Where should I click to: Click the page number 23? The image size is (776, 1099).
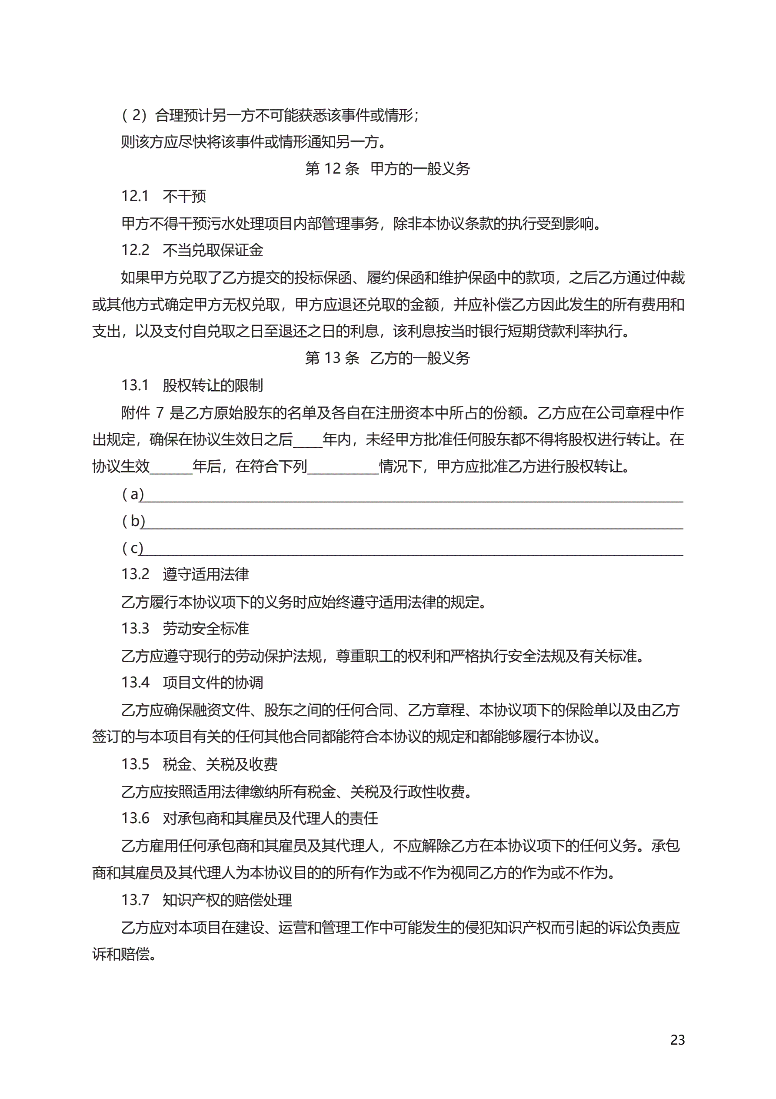677,1040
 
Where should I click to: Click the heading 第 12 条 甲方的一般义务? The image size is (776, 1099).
387,168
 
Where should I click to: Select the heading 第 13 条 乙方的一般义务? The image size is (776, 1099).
387,358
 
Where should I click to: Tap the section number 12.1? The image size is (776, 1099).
135,196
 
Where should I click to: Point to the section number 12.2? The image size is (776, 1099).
135,250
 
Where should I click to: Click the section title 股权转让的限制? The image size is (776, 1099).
213,385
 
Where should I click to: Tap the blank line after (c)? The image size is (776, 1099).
411,550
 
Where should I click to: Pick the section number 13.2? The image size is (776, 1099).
135,574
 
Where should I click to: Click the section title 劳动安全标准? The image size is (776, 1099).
206,629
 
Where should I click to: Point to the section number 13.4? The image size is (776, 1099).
135,683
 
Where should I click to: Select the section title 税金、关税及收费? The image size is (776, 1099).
220,764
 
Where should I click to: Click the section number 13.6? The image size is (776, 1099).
135,818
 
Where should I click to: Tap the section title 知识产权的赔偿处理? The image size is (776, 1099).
227,900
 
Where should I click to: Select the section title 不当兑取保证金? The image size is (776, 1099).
213,250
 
